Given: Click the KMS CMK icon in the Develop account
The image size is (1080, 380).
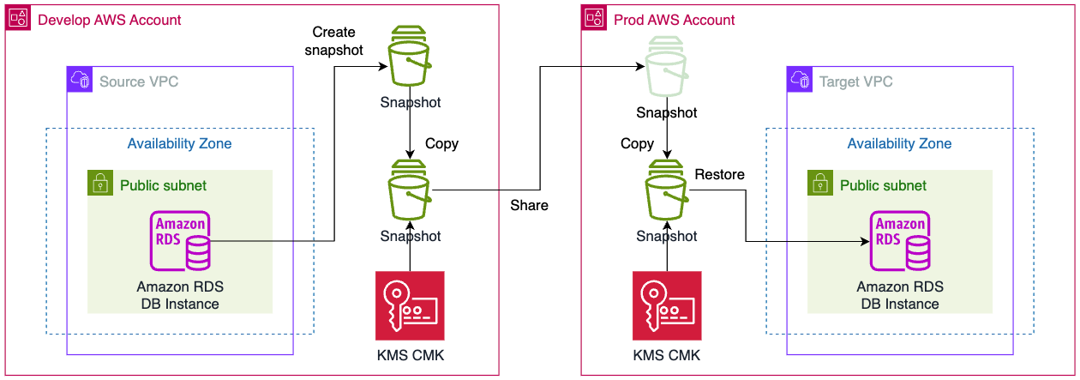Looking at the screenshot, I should coord(410,306).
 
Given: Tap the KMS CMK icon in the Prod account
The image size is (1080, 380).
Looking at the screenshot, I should coord(667,306).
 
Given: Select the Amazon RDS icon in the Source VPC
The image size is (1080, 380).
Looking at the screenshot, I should coord(180,241).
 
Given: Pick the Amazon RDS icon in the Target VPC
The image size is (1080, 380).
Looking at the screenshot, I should coord(900,241).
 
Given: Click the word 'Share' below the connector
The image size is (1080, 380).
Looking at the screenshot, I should coord(529,205).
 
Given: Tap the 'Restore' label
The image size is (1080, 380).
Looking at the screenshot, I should coord(719,175).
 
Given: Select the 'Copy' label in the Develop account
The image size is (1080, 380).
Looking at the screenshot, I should coord(442,143).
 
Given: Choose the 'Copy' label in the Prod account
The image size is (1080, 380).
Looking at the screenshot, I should coord(637,143).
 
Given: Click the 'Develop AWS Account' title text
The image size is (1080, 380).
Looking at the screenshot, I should coord(109,20).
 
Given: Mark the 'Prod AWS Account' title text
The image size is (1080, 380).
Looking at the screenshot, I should coord(675,20).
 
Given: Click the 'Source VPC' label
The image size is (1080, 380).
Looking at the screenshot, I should coord(139,81).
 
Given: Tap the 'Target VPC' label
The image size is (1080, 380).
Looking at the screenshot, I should coord(856,81).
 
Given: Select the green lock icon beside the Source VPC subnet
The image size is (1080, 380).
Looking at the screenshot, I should coord(100,182).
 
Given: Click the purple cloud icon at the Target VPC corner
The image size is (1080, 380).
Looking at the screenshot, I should coord(799,80).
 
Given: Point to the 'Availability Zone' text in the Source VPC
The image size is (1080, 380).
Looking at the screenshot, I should coord(179,143).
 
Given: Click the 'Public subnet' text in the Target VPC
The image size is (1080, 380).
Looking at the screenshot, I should coord(883,185).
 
